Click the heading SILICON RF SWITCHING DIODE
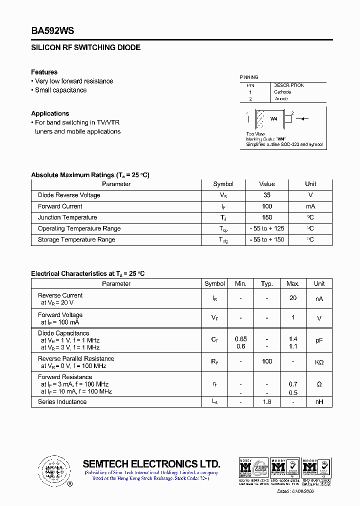[85, 47]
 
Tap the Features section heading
[44, 72]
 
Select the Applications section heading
[50, 113]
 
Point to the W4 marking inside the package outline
[273, 119]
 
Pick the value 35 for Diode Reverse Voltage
[267, 195]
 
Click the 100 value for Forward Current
[267, 206]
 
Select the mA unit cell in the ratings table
[310, 206]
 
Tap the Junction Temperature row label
[67, 217]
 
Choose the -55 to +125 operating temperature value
[267, 228]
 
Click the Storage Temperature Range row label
[76, 239]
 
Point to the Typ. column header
[267, 283]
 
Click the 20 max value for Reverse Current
[293, 298]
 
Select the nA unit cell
[319, 299]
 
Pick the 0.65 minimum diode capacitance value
[240, 339]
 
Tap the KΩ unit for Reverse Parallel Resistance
[319, 362]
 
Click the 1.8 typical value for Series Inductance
[267, 401]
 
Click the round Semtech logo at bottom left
[51, 470]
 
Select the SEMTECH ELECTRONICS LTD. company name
[151, 463]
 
